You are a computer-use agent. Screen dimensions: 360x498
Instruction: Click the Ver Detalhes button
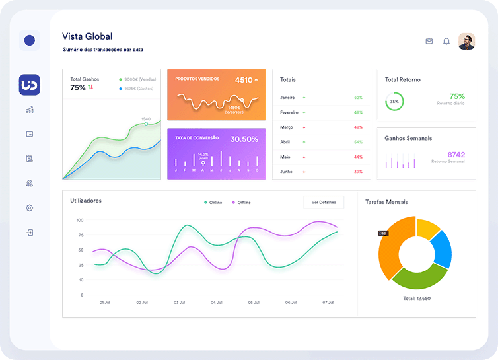[324, 202]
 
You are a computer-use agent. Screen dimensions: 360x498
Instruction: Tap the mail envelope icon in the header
[429, 41]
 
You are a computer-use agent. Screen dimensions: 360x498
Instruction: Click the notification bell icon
[446, 41]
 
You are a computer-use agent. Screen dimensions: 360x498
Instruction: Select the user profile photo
[466, 41]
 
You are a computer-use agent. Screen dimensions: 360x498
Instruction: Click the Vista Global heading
[87, 36]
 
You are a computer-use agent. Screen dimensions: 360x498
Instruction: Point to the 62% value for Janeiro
[358, 97]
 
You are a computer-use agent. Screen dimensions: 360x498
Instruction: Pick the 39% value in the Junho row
[358, 172]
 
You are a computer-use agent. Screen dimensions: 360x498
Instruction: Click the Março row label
[287, 127]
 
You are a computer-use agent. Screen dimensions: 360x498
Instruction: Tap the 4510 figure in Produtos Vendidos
[244, 80]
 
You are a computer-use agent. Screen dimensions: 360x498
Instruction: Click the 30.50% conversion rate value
[244, 139]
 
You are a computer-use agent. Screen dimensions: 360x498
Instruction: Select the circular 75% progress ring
[394, 102]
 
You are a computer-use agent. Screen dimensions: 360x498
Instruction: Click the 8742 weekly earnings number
[456, 155]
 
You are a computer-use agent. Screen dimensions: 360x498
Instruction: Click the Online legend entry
[213, 202]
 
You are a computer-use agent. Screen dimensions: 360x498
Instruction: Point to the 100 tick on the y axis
[80, 220]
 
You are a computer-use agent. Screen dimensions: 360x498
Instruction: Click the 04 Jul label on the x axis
[216, 302]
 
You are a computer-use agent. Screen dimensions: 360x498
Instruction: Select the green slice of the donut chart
[421, 277]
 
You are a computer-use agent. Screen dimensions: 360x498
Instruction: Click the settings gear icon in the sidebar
[30, 208]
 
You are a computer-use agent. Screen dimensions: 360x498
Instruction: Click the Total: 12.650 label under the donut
[416, 298]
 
